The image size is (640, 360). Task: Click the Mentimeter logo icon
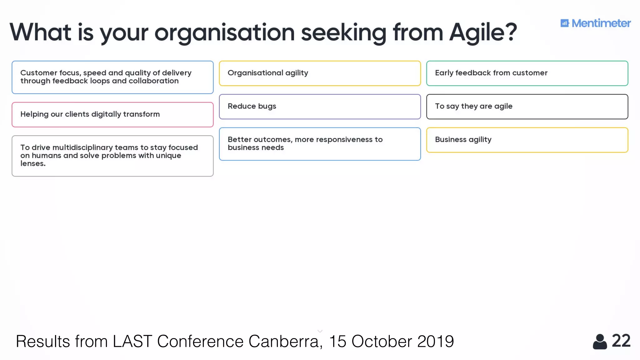click(x=565, y=23)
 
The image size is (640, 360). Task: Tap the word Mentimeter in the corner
click(x=601, y=23)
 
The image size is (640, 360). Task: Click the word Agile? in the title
click(x=483, y=32)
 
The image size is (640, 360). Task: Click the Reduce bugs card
click(x=320, y=107)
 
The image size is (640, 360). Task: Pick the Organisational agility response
click(x=320, y=73)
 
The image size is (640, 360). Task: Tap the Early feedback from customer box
click(x=527, y=73)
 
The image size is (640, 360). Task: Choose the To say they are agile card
click(x=527, y=107)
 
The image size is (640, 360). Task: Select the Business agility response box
click(x=527, y=140)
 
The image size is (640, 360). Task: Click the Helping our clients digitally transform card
click(x=112, y=114)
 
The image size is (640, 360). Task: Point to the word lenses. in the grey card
click(x=33, y=163)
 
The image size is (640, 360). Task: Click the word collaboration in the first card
click(x=153, y=81)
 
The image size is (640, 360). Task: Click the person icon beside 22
click(x=600, y=342)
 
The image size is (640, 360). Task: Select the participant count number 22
click(x=621, y=341)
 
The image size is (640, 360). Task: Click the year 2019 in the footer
click(x=435, y=341)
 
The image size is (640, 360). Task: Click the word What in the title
click(x=40, y=32)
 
